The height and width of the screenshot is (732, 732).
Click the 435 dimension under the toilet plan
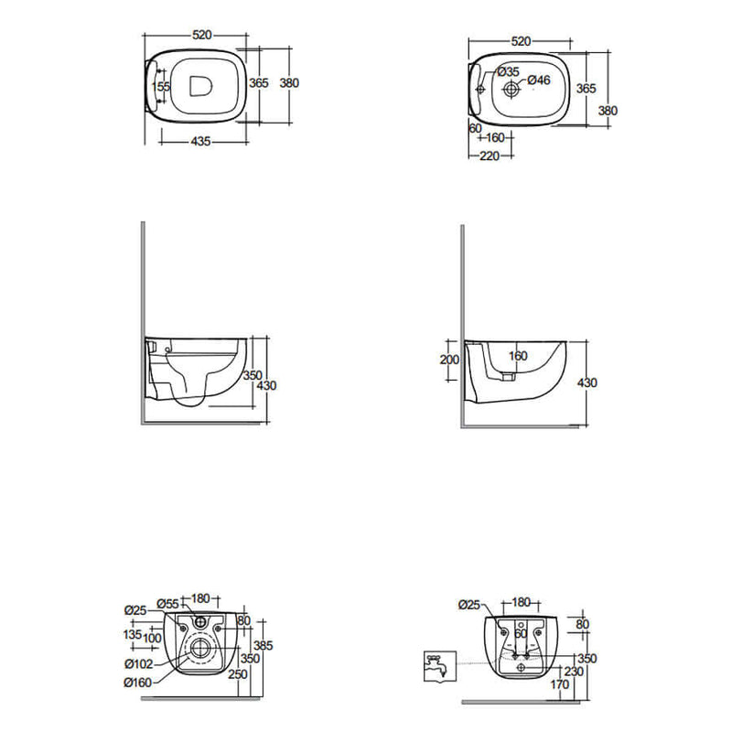click(201, 141)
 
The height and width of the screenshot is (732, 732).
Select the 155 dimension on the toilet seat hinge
click(161, 86)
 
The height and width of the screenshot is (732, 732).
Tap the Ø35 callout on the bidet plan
click(509, 72)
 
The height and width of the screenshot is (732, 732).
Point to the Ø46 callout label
click(539, 81)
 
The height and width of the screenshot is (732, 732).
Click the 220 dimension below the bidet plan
click(490, 156)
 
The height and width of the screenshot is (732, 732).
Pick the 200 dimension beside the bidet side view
click(449, 360)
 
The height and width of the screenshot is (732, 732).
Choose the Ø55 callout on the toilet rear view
click(168, 604)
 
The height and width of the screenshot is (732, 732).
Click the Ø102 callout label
click(139, 663)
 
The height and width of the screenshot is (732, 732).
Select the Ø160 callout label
click(138, 683)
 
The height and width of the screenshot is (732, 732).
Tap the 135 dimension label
click(133, 634)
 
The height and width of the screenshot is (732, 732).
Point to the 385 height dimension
click(264, 646)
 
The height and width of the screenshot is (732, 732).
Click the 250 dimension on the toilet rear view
click(238, 674)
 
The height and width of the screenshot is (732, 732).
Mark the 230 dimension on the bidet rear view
click(574, 672)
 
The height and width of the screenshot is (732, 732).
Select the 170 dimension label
click(560, 684)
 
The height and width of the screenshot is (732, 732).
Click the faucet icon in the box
click(440, 666)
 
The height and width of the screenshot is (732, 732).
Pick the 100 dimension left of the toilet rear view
click(152, 638)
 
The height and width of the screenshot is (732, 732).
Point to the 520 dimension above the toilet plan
click(201, 35)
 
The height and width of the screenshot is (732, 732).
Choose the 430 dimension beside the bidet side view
click(587, 382)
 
